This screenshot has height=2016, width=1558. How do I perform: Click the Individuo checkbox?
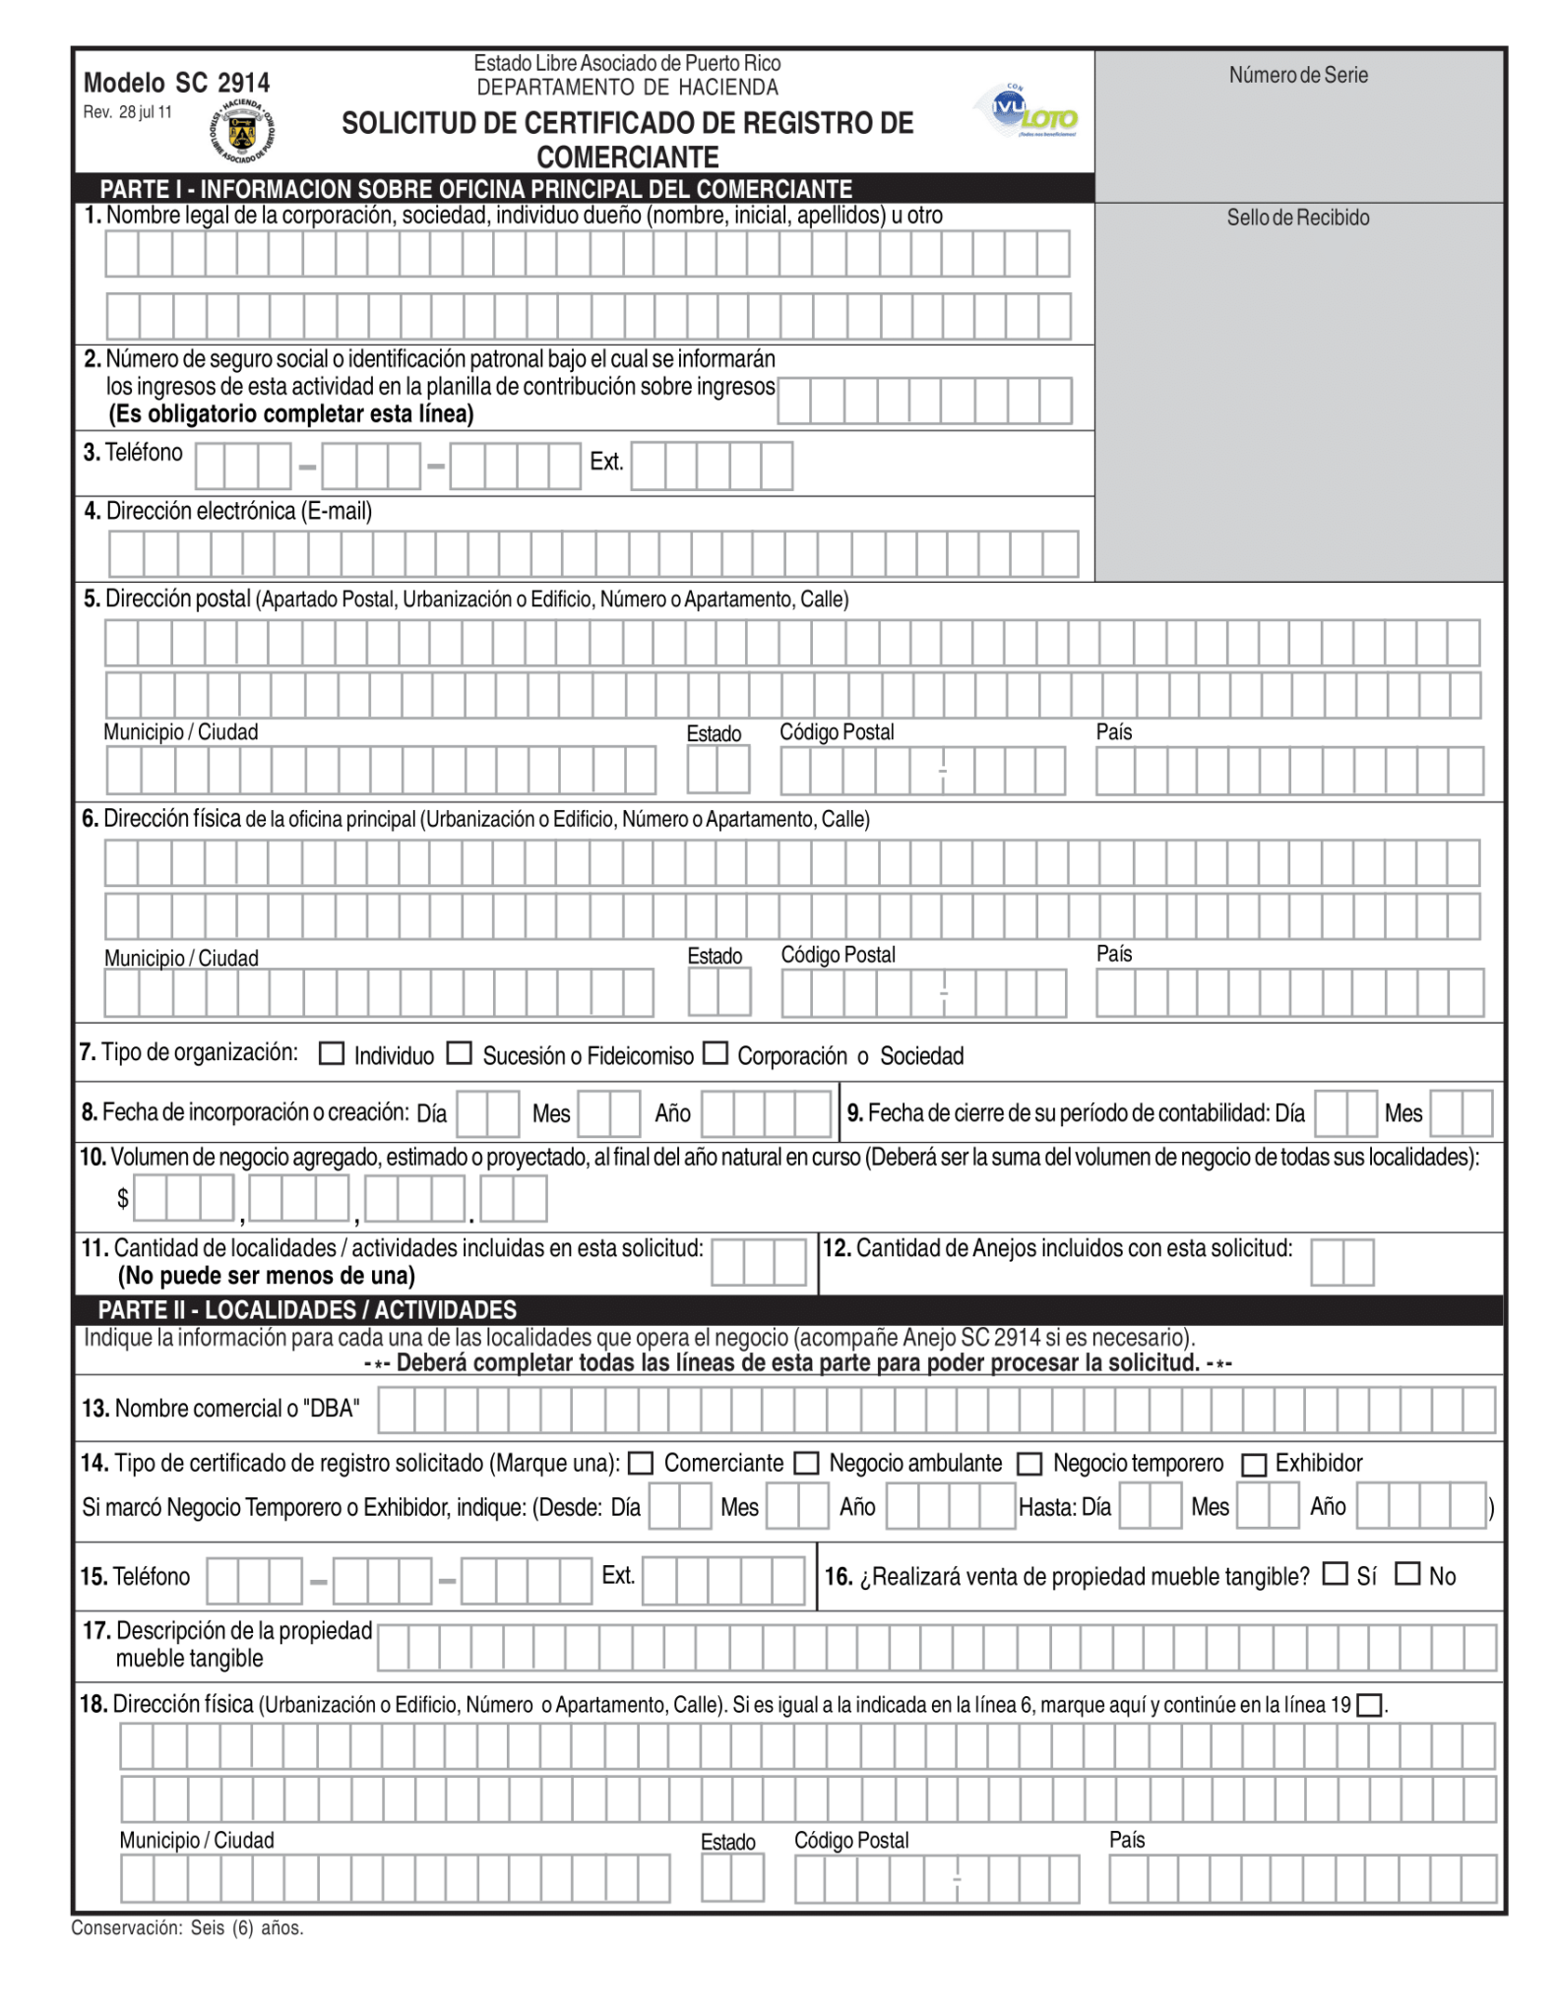point(332,1054)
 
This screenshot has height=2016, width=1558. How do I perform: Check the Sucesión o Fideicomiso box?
point(459,1053)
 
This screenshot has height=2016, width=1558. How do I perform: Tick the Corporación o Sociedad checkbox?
point(716,1053)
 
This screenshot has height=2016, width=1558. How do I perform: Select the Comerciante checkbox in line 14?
point(641,1463)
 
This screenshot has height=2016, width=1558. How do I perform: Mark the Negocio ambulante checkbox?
point(806,1463)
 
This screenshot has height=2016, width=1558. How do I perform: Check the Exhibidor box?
point(1253,1465)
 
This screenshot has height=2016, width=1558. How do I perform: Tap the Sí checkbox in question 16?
point(1335,1573)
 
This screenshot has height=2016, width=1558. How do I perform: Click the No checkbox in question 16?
point(1407,1573)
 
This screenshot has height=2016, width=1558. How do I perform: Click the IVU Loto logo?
point(1026,111)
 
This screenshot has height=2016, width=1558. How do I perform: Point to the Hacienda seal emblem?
point(243,132)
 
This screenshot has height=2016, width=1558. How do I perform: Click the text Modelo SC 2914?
point(176,83)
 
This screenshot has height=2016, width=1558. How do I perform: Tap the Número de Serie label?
point(1297,75)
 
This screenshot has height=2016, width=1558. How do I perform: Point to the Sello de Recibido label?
point(1297,218)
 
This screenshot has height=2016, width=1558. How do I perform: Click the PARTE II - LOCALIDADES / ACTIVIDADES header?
point(307,1309)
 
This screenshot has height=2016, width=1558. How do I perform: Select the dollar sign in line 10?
point(122,1198)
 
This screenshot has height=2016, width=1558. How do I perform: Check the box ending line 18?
point(1369,1705)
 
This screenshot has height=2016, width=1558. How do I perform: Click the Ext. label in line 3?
point(606,462)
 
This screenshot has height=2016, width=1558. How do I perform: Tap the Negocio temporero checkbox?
point(1029,1464)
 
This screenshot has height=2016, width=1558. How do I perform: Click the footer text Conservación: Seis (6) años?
point(187,1927)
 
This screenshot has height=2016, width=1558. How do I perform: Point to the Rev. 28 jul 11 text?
point(127,112)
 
